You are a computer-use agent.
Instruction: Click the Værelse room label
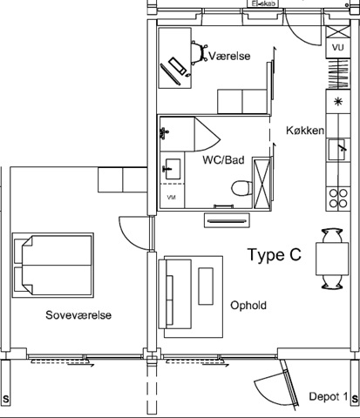pos(229,56)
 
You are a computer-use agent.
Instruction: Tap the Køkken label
pos(305,131)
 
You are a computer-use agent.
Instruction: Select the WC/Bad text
pos(223,160)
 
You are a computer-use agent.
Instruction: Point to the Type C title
pos(275,254)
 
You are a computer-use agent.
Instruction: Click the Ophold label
pos(248,306)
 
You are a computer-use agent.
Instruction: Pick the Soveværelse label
pos(78,315)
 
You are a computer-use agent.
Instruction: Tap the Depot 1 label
pos(329,396)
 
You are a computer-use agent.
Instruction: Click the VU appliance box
pos(337,47)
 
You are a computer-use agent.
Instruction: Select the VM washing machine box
pos(172,196)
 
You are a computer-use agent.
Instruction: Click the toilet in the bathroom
pos(241,188)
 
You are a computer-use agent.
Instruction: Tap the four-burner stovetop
pos(338,199)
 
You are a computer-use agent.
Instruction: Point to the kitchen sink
pos(337,150)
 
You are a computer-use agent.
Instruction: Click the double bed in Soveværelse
pos(52,265)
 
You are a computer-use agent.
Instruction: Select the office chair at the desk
pos(199,52)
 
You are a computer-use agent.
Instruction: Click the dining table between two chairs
pos(332,259)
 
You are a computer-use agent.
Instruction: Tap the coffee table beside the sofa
pos(206,287)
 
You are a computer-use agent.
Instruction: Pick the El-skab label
pos(262,3)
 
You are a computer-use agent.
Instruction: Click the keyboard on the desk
pos(178,66)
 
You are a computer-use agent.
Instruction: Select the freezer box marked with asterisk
pos(338,102)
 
